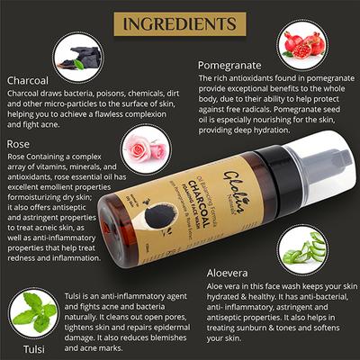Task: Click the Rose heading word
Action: coord(19,142)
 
